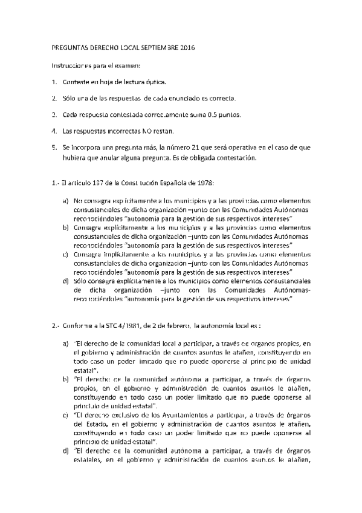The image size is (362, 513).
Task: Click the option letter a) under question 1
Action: coord(65,200)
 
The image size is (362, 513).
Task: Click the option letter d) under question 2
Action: coord(65,451)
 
